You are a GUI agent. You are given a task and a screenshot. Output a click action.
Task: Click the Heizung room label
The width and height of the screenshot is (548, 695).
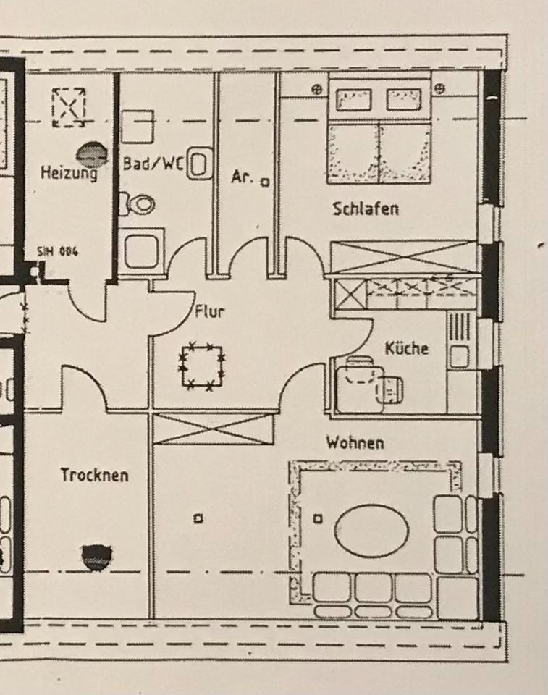69,173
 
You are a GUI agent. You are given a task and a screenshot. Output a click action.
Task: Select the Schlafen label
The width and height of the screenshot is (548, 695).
366,209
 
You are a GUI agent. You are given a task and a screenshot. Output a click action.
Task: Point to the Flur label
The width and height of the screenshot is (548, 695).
210,313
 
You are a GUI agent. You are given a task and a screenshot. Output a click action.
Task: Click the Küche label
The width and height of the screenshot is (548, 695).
406,348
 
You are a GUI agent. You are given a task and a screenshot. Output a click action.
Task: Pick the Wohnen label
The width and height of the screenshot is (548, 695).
355,442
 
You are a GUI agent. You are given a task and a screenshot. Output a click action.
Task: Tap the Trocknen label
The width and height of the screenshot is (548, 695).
94,475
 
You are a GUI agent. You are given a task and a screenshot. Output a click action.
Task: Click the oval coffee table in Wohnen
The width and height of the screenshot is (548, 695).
371,531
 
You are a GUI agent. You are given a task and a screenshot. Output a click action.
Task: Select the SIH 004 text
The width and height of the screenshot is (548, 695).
58,252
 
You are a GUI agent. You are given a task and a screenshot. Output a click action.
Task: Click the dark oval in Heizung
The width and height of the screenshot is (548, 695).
92,153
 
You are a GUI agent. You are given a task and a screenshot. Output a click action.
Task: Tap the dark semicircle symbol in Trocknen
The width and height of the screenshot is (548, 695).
96,557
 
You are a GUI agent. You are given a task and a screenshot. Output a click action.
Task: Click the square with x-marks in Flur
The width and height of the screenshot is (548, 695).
202,366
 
